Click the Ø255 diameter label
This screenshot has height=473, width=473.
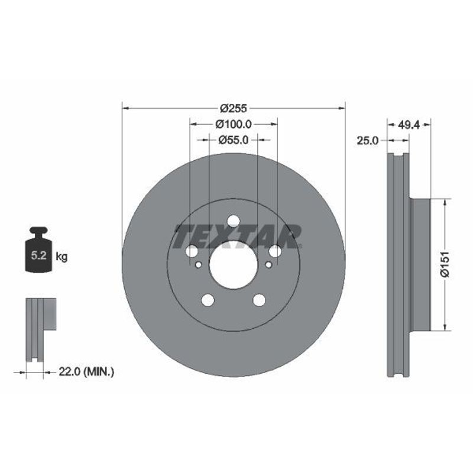tap(233, 108)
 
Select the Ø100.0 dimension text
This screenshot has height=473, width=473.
tap(234, 124)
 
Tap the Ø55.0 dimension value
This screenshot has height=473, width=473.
tap(233, 140)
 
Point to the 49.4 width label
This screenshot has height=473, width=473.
tap(409, 125)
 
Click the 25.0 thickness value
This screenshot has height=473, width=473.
tap(367, 141)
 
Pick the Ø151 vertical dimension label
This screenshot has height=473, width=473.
tap(445, 264)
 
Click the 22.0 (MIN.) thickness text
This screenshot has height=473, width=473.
tap(86, 372)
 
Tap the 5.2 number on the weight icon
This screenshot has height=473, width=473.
tap(39, 255)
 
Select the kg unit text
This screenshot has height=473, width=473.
tap(61, 257)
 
